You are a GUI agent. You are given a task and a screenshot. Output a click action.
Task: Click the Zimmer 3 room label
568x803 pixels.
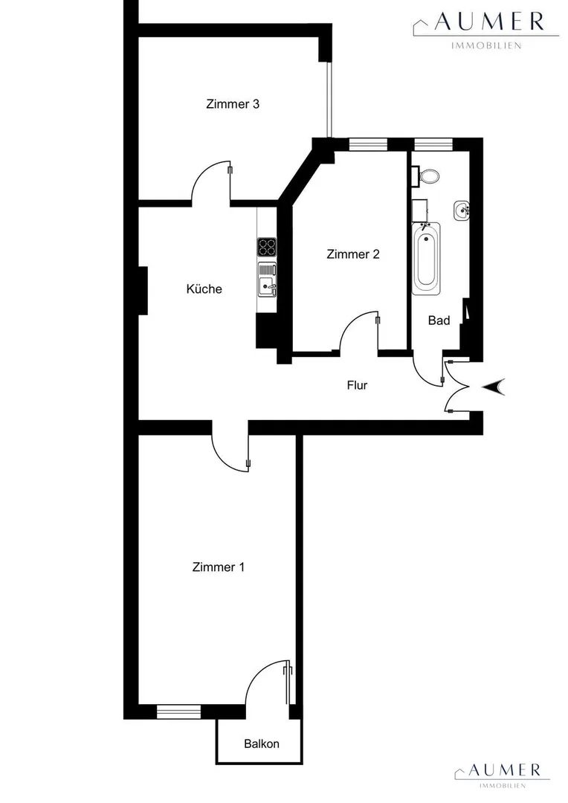click(233, 104)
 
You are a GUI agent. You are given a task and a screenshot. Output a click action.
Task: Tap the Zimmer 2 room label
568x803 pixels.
click(353, 254)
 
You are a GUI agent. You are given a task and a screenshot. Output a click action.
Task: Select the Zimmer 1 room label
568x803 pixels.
click(218, 567)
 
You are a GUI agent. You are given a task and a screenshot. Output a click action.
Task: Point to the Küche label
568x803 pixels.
click(204, 288)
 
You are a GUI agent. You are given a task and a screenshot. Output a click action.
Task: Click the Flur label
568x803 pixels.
click(357, 385)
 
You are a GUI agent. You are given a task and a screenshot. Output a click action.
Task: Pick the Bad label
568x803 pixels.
click(439, 320)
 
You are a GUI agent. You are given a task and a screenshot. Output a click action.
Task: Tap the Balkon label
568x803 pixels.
click(262, 744)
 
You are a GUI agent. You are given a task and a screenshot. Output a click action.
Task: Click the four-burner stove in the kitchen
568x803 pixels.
click(267, 247)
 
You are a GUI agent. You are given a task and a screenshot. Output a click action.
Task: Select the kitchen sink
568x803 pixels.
click(267, 280)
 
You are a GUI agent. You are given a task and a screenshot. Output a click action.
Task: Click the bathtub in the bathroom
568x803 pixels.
click(426, 259)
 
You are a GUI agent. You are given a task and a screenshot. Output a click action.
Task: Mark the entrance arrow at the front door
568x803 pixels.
click(494, 387)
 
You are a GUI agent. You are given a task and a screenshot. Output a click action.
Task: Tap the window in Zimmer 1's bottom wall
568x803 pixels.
click(178, 712)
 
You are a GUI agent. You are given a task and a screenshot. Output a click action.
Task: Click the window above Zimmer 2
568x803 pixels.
click(368, 144)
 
